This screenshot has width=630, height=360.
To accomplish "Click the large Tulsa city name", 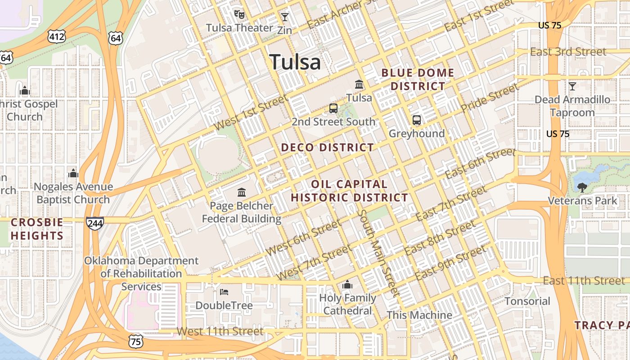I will pos(295,62).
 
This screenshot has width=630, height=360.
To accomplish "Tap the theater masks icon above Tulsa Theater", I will pos(239,14).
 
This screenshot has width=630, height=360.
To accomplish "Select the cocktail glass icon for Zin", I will pos(284,18).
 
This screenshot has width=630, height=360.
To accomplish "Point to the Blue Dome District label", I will pos(418,79).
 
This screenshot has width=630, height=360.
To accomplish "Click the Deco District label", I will pos(327,148).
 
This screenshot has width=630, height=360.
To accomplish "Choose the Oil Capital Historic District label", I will pos(349,191).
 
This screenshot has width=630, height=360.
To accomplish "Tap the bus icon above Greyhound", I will pos(417,120).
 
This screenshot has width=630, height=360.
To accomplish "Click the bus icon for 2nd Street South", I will pos(333,108).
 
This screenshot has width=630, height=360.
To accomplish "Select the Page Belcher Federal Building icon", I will pos(242,193).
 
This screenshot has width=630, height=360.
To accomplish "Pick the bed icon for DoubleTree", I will pos(224,292).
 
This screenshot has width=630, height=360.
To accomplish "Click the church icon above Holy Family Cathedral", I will pos(347,284).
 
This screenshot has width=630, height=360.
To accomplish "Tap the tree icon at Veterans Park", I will pos(582,187).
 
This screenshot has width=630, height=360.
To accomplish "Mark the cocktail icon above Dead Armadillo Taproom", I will pos(572,86).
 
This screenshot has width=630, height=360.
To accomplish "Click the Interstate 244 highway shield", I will pos(95,223).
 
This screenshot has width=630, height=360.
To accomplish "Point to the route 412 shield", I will pos(58,36).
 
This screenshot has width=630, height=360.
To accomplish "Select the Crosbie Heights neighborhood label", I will pos(37,229).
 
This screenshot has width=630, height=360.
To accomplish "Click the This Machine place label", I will pos(419,315).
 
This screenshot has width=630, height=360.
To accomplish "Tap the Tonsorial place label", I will pos(527,301).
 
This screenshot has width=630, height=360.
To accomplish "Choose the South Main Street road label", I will pos(378,253).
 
